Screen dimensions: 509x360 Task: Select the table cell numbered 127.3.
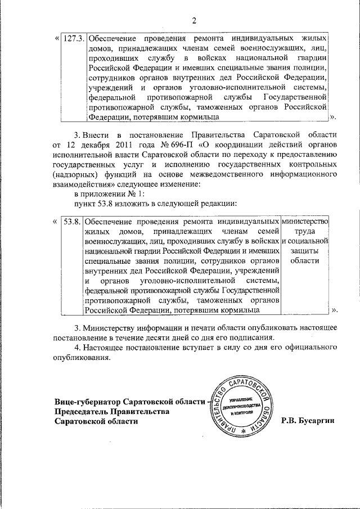point(74,40)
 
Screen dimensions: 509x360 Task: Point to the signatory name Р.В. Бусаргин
point(308,421)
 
